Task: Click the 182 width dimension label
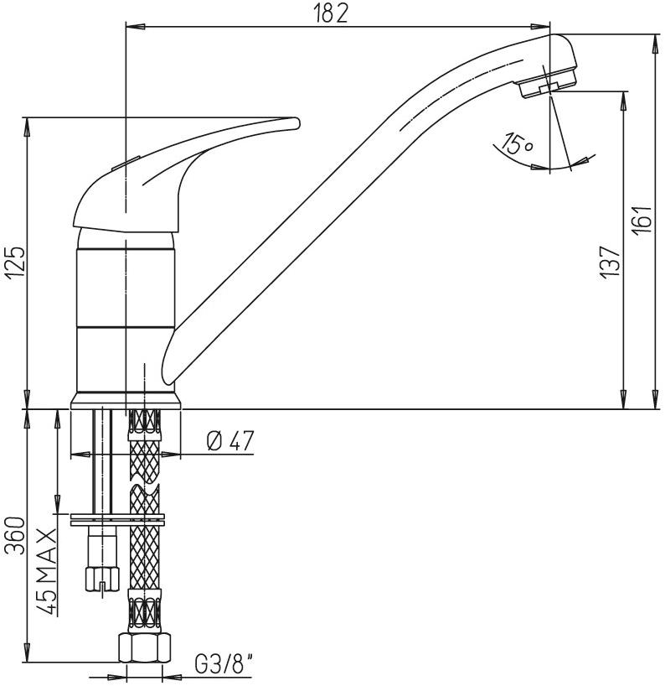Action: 331,14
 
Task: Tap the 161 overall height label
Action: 643,220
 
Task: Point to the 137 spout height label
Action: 611,262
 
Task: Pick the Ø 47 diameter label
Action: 229,440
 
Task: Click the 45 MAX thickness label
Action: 46,571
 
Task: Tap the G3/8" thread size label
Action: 224,665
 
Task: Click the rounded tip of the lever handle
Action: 296,123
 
